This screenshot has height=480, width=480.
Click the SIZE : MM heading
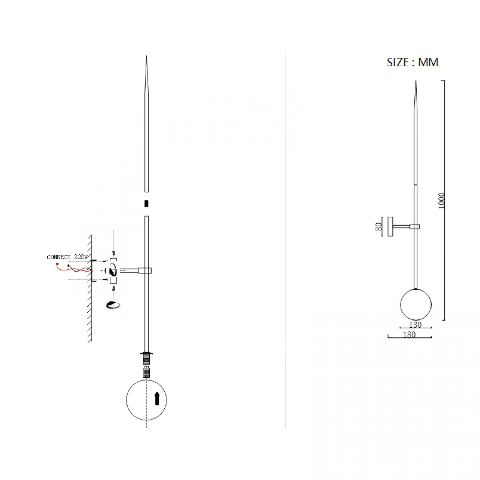412,62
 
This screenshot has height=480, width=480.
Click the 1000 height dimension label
442,201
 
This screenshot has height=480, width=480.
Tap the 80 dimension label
379,227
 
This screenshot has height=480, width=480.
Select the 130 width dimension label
415,324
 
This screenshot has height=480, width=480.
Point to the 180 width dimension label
409,334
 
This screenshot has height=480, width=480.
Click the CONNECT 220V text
67,257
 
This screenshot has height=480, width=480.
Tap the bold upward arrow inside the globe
157,399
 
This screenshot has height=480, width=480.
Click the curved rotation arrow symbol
113,305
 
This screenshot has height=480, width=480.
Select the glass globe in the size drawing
416,304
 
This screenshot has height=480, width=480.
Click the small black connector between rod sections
146,204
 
